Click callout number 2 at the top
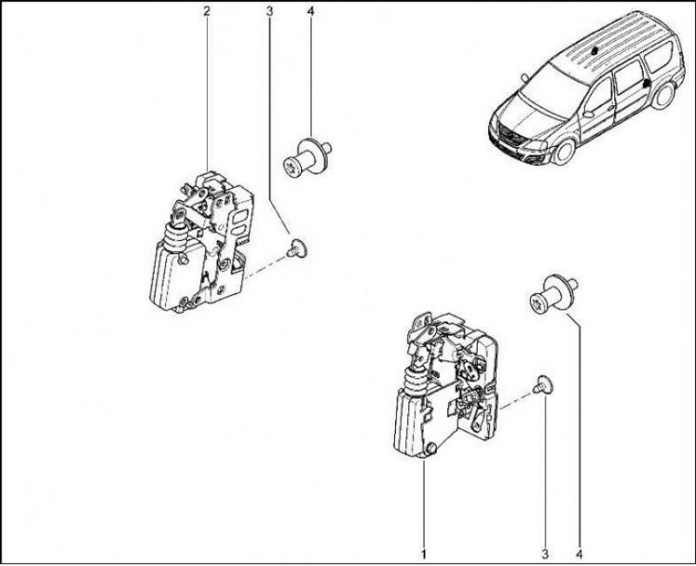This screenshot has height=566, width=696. (206, 11)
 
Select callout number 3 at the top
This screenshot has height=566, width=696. (270, 11)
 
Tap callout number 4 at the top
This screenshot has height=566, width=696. (311, 11)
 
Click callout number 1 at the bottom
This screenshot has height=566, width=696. (424, 554)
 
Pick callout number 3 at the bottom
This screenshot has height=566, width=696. (545, 554)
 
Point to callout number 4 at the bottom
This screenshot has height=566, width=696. (579, 554)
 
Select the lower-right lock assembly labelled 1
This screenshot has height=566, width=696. (445, 384)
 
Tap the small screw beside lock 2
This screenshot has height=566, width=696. (298, 248)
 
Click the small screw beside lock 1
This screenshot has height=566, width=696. (544, 384)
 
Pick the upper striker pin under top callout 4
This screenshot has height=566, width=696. (307, 157)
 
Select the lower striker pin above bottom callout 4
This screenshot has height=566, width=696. (553, 295)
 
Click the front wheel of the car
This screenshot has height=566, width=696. (564, 150)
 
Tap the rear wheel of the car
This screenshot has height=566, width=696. (663, 95)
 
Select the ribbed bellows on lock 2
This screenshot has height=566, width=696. (177, 237)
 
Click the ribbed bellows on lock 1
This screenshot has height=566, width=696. (417, 380)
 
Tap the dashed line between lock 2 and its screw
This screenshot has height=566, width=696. (266, 267)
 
